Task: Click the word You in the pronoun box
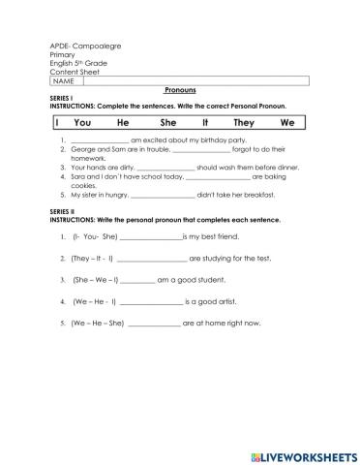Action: tap(81, 123)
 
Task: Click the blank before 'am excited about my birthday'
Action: tap(93, 141)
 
